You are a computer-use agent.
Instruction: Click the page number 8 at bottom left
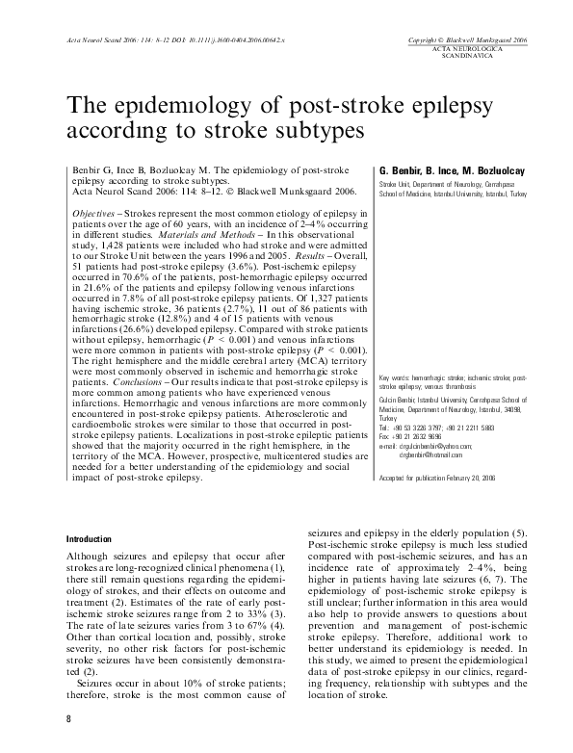[68, 720]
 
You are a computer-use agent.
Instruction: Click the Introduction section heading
[88, 537]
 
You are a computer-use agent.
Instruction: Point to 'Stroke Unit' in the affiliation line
[398, 182]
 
